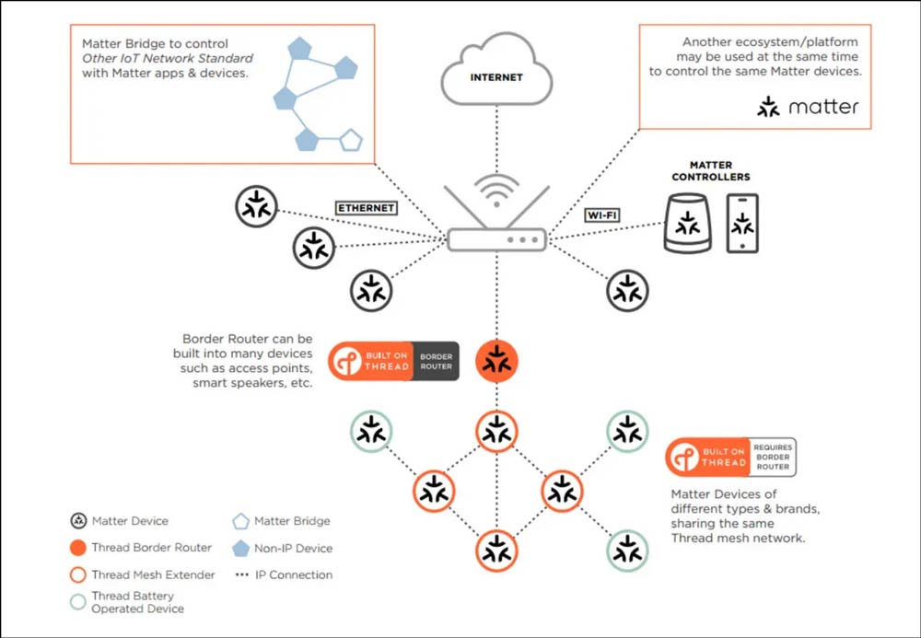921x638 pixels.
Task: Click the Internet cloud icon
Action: (x=496, y=73)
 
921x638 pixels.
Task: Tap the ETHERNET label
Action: (x=366, y=208)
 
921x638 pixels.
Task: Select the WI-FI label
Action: (x=601, y=215)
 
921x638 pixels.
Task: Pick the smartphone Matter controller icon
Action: (x=742, y=223)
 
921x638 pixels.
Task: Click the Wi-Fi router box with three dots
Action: (x=496, y=239)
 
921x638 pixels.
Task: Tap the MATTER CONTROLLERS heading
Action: (x=710, y=171)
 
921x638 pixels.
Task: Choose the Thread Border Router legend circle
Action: (x=77, y=548)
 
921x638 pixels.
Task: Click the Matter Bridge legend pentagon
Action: (x=240, y=521)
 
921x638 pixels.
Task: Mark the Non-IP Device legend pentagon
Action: (x=240, y=549)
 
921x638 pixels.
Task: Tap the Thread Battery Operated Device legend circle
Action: (x=77, y=602)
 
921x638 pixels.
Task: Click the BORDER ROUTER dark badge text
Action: (x=437, y=361)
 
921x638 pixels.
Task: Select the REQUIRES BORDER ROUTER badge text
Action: (x=773, y=457)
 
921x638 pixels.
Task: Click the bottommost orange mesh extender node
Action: (x=496, y=551)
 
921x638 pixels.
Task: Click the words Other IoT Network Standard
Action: (x=168, y=58)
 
